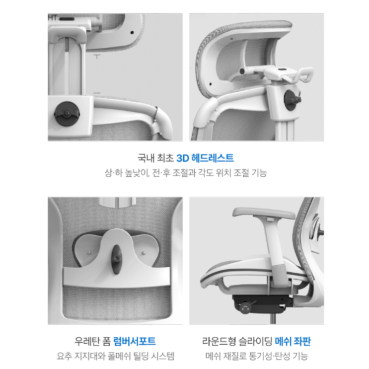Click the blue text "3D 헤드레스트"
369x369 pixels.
205,158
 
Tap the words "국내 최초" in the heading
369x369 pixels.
155,158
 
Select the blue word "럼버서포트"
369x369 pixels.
135,342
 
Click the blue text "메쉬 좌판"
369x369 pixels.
293,342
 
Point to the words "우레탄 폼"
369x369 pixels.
92,342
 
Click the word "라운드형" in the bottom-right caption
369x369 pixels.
219,342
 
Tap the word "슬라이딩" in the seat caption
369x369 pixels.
255,342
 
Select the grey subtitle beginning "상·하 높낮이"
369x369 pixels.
186,173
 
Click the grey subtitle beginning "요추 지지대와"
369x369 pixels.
115,356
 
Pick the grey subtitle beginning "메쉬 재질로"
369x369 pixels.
256,356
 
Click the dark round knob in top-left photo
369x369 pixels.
67,114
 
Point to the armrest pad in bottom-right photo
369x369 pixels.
264,212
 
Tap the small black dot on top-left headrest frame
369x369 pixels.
132,32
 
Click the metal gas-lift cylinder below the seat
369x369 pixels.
273,319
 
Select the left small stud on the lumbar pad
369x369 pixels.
89,253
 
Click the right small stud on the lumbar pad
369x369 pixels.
144,253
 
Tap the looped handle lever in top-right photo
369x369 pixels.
305,74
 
